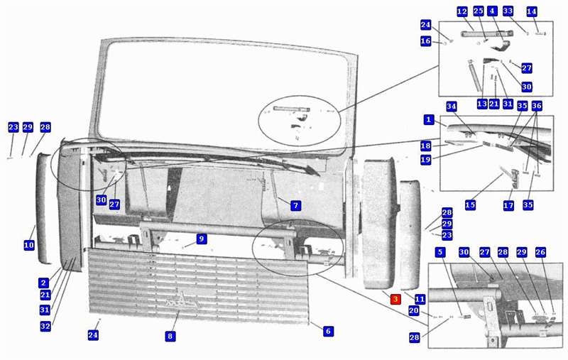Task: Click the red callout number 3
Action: tap(395, 299)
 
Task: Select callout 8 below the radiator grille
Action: tap(170, 336)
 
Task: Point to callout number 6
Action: tap(328, 331)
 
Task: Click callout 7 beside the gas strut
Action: tap(295, 206)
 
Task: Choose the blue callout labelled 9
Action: tap(202, 239)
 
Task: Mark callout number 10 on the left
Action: tap(29, 245)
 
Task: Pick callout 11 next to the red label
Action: tap(420, 299)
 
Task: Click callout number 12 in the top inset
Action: tap(462, 11)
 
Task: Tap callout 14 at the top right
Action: tap(531, 11)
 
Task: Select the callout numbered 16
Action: tap(425, 41)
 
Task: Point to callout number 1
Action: tap(429, 119)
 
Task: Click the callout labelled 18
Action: tap(425, 146)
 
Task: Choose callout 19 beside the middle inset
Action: tap(425, 159)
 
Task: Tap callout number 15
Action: tap(470, 205)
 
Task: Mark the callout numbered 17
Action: tap(508, 206)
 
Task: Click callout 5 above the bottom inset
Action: tap(440, 252)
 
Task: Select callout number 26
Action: tap(540, 252)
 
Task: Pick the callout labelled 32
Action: tap(45, 327)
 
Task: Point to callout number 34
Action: tap(451, 107)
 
